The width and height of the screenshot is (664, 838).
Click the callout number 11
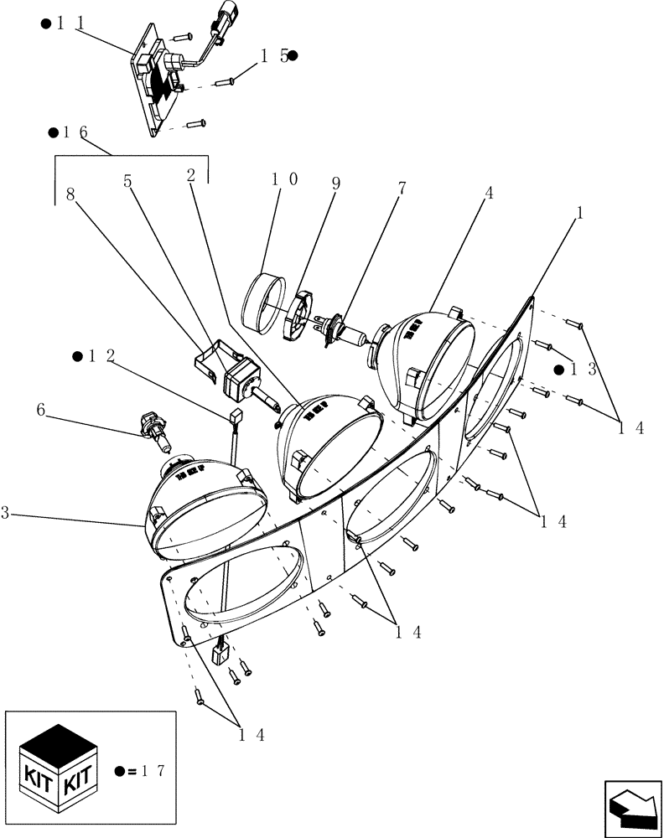pyautogui.click(x=71, y=24)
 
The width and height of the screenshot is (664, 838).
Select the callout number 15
pyautogui.click(x=273, y=56)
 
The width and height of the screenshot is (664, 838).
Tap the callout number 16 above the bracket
pyautogui.click(x=73, y=132)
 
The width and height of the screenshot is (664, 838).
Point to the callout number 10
pyautogui.click(x=284, y=179)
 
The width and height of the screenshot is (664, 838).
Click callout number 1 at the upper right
pyautogui.click(x=578, y=213)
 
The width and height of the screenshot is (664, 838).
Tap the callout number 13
pyautogui.click(x=584, y=370)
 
